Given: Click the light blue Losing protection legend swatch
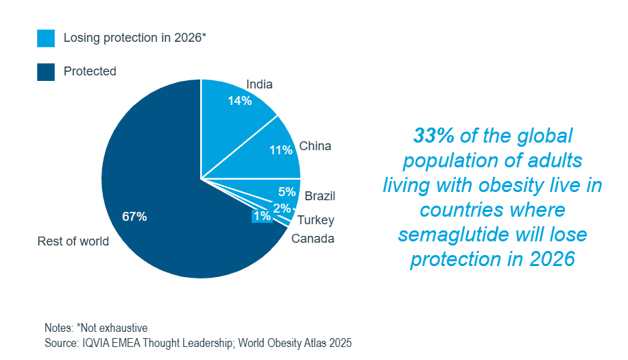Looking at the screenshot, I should pos(46,38).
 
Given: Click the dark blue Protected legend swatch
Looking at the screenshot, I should pos(46,71).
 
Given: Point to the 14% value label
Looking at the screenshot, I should pos(240,101).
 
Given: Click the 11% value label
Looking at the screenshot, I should pos(281,150).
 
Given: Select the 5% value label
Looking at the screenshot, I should pos(287,192).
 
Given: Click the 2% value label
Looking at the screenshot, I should pos(282,208).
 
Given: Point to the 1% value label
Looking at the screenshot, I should pos(262,217).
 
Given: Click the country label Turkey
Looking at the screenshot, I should pos(315,220).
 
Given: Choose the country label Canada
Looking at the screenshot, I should pos(313,239).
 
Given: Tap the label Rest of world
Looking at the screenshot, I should pos(73,241).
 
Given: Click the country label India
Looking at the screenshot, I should pos(259,84).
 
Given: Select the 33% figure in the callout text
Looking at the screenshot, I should pos(433,136).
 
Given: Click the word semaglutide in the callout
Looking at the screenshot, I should pos(449,235).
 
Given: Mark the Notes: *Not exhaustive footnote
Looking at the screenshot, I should pos(96,328).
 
